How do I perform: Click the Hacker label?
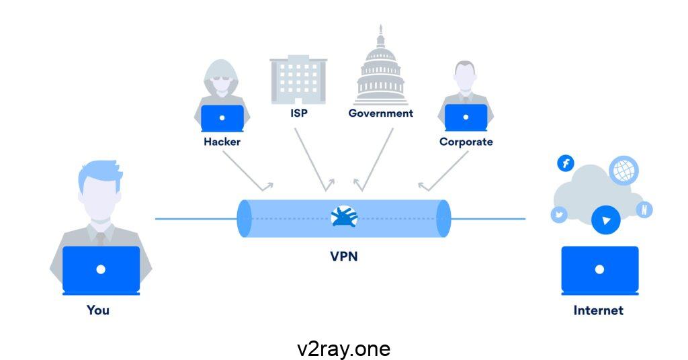pos(222,142)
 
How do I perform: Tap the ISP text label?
pos(299,113)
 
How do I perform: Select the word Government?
pos(380,113)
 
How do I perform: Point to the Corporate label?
pos(466,142)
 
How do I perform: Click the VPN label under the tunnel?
pos(343,255)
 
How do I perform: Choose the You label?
pos(98,310)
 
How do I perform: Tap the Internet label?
pos(598,310)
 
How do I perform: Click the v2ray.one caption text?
pos(343,349)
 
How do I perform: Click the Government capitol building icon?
pos(381,71)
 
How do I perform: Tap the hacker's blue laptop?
pos(222,118)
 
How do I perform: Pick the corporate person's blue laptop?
pos(466,118)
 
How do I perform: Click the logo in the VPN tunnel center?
pos(345,216)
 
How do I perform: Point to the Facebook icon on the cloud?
pos(566,163)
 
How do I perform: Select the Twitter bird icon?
pos(559,215)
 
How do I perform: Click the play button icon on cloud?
pos(606,220)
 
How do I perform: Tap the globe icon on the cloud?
pos(623,170)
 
